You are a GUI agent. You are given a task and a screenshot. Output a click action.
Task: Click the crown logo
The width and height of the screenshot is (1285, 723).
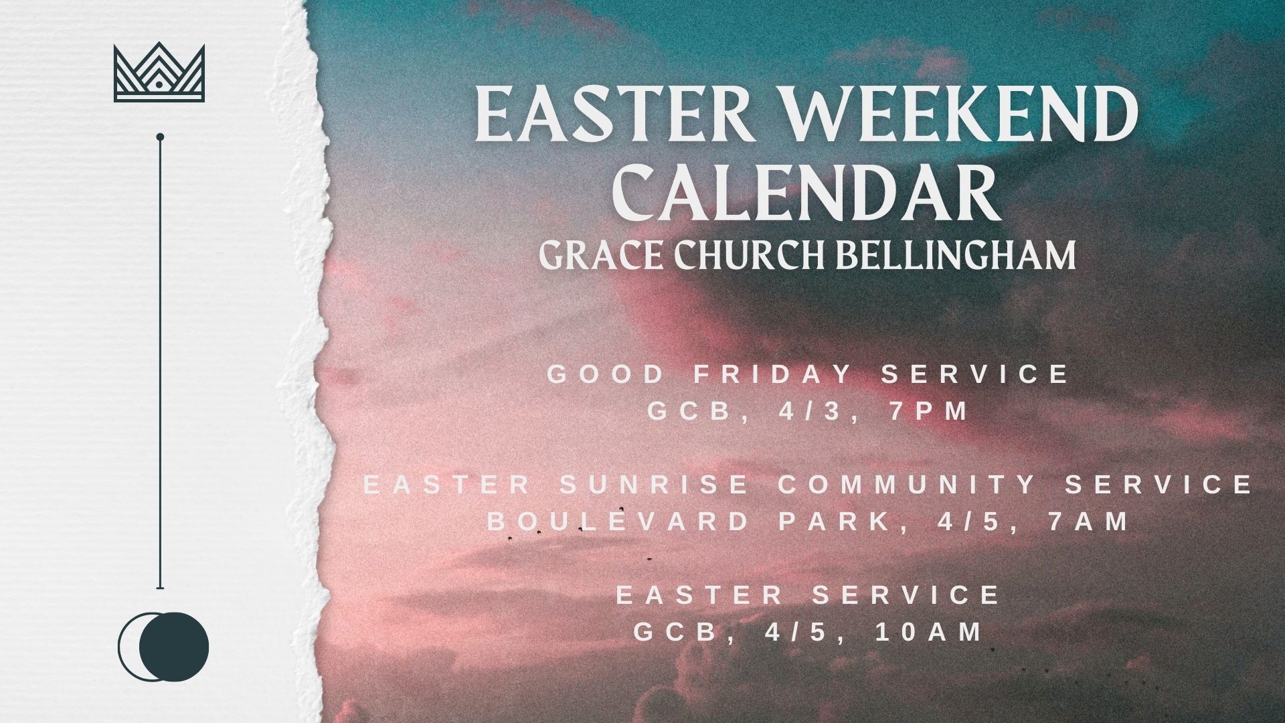(x=159, y=72)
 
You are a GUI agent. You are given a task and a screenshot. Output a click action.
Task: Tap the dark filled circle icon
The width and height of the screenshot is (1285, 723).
(x=174, y=647)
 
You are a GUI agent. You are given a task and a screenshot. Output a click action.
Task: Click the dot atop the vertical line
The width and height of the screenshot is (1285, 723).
(x=160, y=137)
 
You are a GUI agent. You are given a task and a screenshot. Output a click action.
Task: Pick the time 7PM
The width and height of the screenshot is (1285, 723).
(x=929, y=411)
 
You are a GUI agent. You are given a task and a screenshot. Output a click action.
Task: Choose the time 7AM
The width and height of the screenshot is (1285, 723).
(x=1089, y=521)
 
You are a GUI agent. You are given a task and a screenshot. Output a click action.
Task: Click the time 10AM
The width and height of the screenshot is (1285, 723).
(x=929, y=631)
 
